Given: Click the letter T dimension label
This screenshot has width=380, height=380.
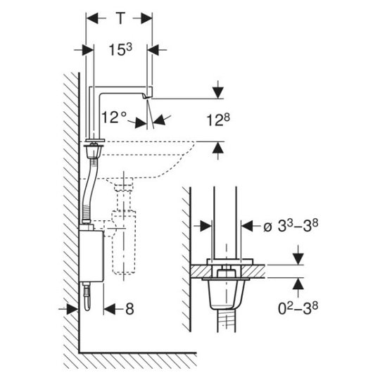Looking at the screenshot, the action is click(x=120, y=18).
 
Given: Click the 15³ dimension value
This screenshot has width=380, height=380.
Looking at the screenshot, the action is click(x=120, y=49).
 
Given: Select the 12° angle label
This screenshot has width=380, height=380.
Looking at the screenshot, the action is click(x=114, y=118).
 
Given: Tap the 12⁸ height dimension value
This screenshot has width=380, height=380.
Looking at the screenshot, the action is click(x=218, y=120).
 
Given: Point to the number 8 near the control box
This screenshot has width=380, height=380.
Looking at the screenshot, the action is click(x=129, y=309).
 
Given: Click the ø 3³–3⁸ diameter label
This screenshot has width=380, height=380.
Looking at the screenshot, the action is click(x=291, y=226).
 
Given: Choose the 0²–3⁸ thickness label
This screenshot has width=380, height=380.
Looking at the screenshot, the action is click(x=298, y=308).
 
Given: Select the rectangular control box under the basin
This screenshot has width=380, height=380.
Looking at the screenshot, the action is click(x=91, y=256).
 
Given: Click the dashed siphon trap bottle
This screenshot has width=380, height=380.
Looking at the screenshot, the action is click(x=124, y=242).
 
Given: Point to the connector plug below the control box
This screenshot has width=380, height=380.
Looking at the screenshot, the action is click(x=87, y=296).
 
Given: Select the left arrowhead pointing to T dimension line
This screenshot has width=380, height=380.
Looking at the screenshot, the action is click(x=92, y=18).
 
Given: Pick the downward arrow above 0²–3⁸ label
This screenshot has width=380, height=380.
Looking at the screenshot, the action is click(x=298, y=255).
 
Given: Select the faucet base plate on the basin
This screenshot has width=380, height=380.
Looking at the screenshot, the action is click(x=95, y=140).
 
